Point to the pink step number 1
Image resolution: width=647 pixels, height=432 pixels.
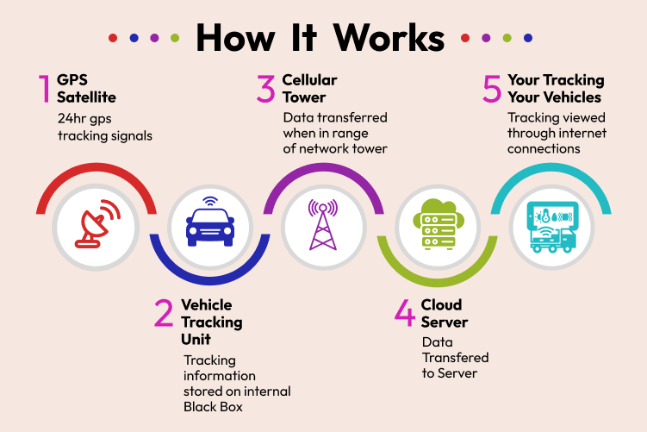click(43, 89)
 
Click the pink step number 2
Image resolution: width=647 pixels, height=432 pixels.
click(165, 313)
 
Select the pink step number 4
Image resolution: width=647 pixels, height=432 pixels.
click(404, 313)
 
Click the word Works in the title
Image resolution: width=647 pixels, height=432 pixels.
click(389, 37)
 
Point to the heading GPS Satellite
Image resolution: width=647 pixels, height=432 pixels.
click(86, 88)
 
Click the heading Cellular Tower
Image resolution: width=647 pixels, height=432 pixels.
click(310, 88)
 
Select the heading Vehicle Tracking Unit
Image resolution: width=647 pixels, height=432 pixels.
click(212, 322)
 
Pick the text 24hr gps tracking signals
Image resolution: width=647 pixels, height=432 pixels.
click(94, 128)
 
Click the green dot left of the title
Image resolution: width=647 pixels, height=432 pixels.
click(175, 38)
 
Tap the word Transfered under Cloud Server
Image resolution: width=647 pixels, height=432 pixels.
click(455, 357)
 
